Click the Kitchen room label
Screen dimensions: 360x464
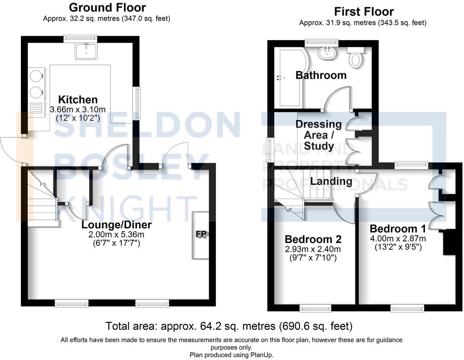tap(78, 100)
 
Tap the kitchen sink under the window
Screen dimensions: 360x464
tap(86, 51)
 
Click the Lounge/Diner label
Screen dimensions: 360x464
tap(116, 225)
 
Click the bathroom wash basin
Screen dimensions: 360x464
tap(328, 53)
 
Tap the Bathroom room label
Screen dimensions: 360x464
tap(321, 75)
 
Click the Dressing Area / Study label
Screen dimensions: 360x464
tap(319, 135)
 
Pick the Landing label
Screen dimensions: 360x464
tap(331, 181)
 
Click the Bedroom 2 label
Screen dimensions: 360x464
tap(313, 239)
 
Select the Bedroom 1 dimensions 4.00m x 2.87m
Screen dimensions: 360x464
tap(398, 239)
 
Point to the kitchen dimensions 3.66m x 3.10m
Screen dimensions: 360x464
tap(78, 109)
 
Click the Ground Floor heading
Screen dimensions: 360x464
tap(107, 7)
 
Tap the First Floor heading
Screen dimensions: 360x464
tap(364, 12)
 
